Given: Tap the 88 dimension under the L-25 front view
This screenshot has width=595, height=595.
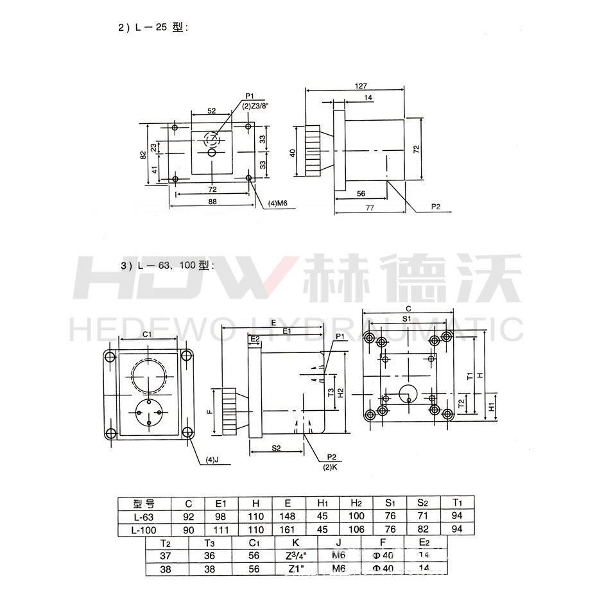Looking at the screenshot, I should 211,201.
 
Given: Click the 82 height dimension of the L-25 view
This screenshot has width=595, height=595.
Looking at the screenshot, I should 144,155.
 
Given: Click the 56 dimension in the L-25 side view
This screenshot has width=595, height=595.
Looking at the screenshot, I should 361,193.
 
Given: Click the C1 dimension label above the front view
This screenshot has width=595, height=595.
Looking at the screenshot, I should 147,334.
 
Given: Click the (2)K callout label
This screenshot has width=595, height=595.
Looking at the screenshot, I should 332,465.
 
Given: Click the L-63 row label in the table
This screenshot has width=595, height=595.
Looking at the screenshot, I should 144,516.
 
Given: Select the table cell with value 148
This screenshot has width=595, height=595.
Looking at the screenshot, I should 288,516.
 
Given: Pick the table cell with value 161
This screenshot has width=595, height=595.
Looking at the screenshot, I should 288,530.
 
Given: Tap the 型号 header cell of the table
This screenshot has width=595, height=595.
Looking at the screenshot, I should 144,503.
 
